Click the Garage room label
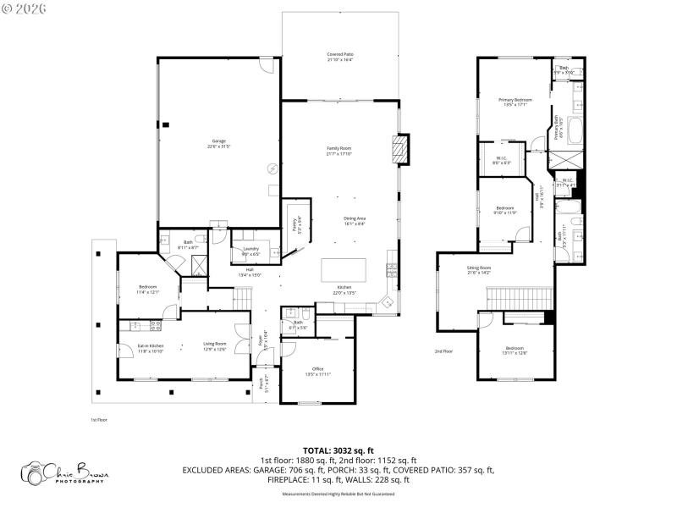[x=217, y=144]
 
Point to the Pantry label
[x=296, y=224]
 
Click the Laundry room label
[x=250, y=251]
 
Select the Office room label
[x=318, y=371]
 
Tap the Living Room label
[x=214, y=346]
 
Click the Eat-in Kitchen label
[x=151, y=346]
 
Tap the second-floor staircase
[x=519, y=298]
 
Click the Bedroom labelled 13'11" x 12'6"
[x=515, y=351]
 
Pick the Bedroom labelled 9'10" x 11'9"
[x=505, y=210]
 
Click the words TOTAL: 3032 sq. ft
[x=338, y=451]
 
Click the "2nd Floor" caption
[x=443, y=351]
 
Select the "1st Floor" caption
[x=98, y=419]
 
